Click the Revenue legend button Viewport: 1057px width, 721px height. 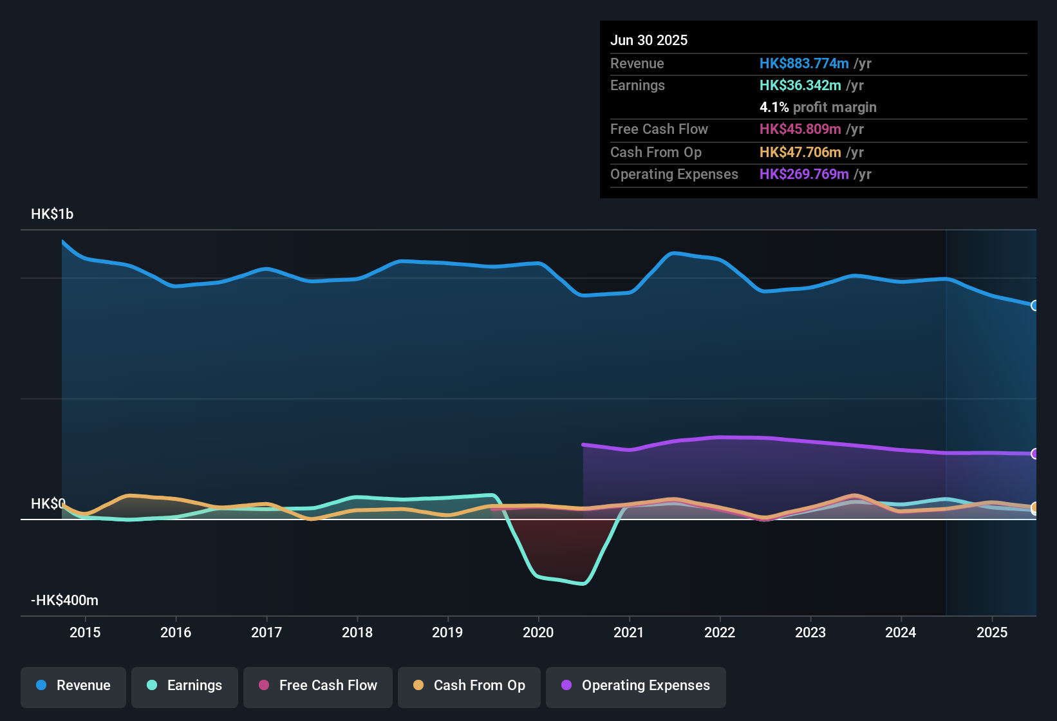pos(73,686)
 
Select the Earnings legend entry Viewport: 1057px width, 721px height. pos(184,686)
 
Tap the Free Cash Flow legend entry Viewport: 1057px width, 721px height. pos(318,686)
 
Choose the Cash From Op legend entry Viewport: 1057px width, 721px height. pos(469,686)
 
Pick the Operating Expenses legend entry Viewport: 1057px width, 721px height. pos(636,686)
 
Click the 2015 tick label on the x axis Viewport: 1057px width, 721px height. pos(85,632)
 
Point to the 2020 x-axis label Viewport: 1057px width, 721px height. pos(538,632)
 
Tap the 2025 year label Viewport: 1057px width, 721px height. pos(991,632)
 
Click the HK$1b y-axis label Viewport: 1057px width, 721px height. pos(52,214)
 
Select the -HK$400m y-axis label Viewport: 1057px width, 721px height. pos(64,600)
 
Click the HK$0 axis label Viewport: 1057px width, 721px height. pos(48,503)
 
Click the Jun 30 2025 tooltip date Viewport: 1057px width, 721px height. pos(649,40)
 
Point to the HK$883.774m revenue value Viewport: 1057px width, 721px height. pos(804,63)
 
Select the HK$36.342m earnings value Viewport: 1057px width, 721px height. pos(800,85)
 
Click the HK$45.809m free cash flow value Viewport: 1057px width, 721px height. pos(800,129)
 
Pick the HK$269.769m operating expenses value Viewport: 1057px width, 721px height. pos(804,174)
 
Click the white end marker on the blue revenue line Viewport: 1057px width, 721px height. pos(1034,305)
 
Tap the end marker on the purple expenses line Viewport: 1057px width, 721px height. pos(1034,454)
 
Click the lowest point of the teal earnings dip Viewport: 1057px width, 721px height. pos(583,584)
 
